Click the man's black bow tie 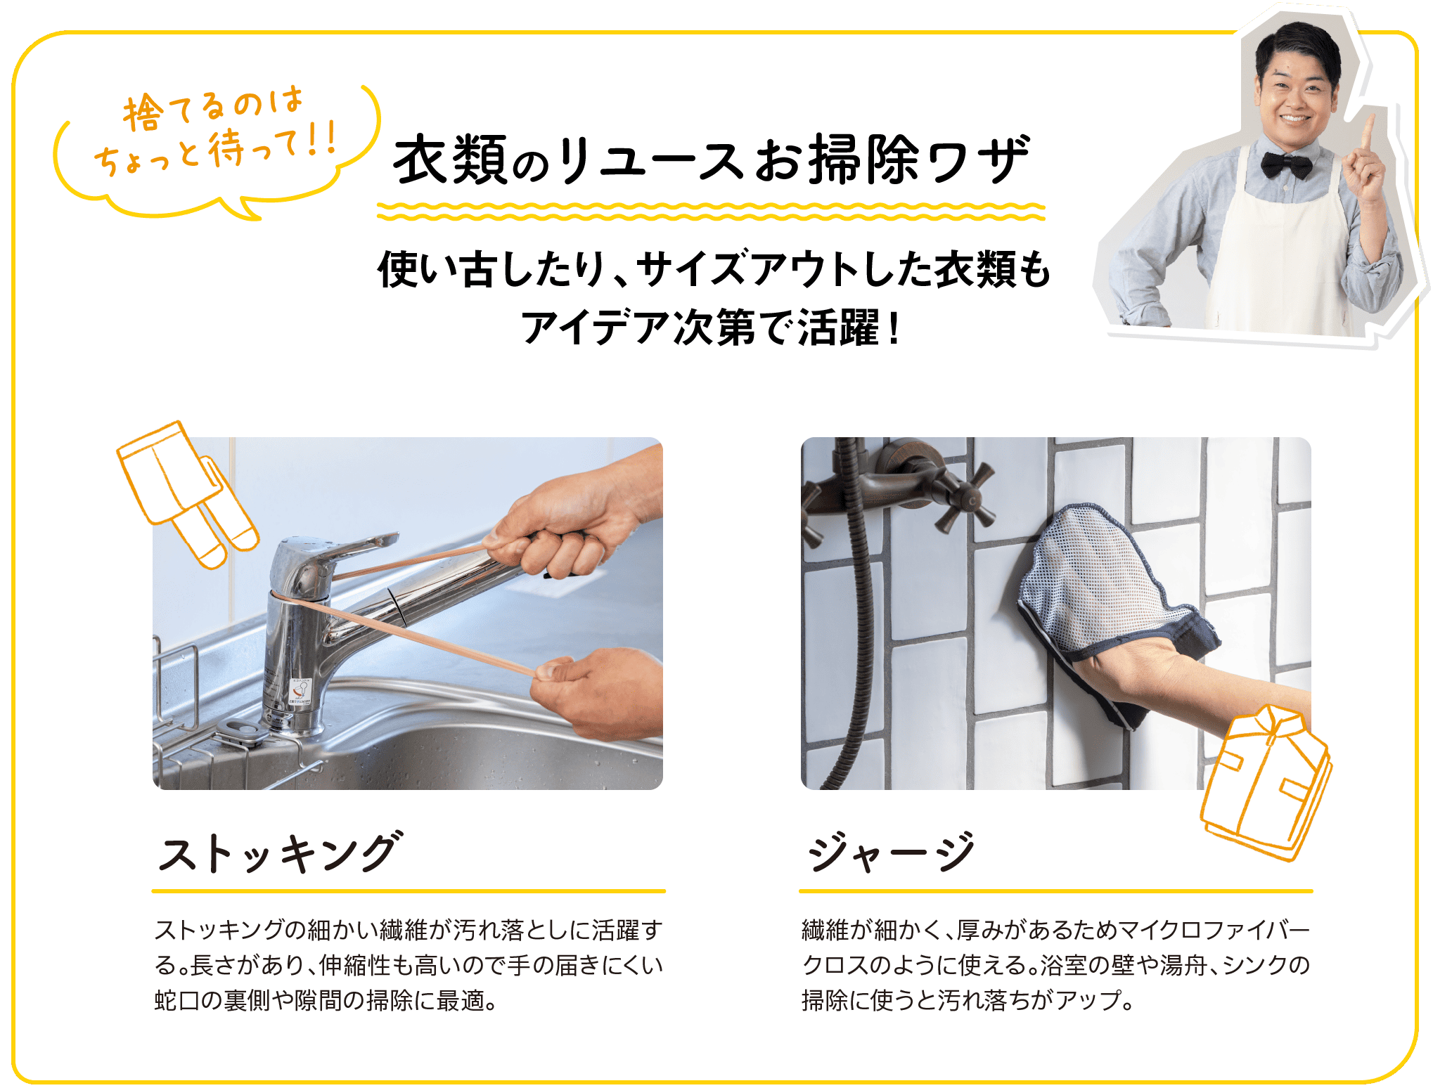click(x=1286, y=165)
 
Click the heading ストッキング click(x=281, y=852)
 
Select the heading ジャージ click(x=892, y=852)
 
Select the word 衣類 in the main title click(x=450, y=160)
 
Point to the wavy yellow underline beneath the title click(x=711, y=211)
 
